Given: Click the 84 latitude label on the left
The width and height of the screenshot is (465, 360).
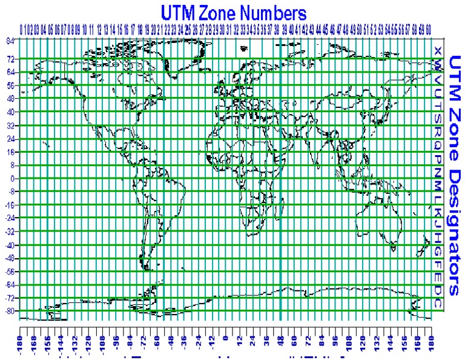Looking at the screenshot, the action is coord(11,41).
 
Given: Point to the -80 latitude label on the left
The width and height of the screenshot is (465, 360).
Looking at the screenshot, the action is coord(10,312).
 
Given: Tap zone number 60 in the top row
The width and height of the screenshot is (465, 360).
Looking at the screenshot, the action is coord(428,28).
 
